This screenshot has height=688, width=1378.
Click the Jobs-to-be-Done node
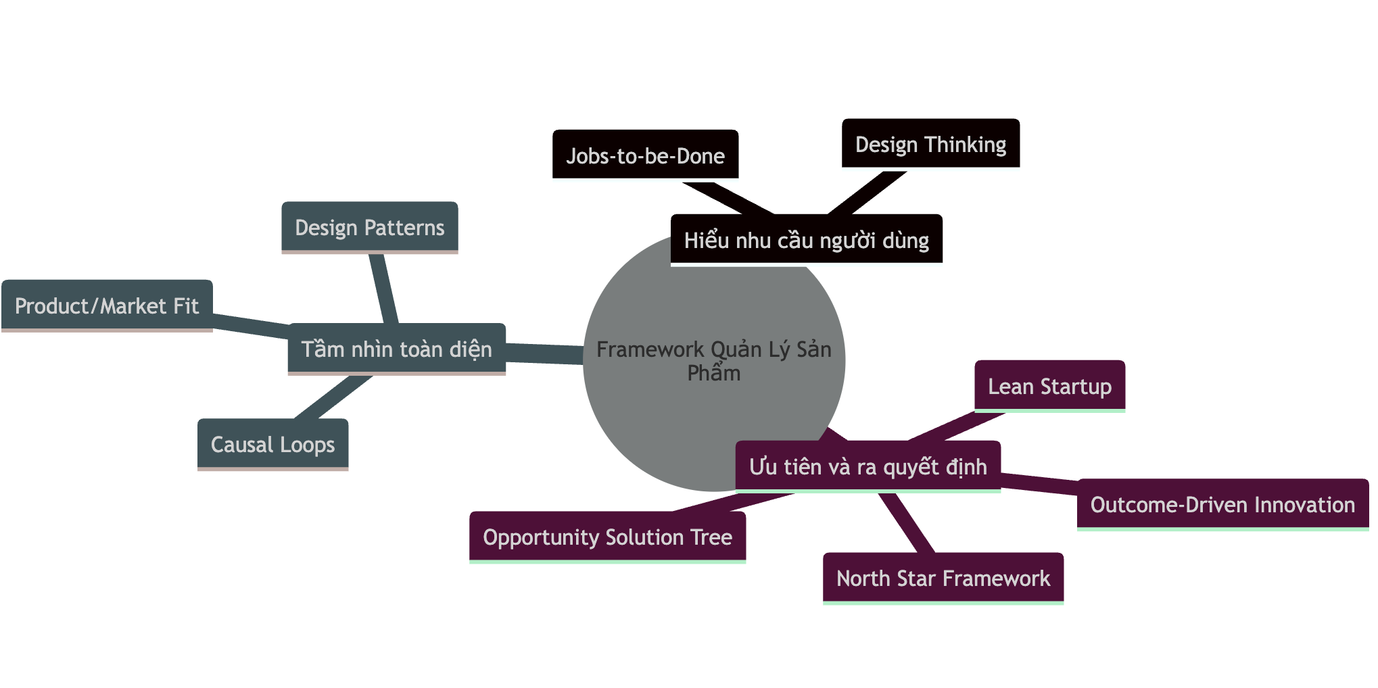point(645,155)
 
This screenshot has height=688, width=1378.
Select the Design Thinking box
point(930,143)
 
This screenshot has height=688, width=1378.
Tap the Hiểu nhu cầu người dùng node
point(806,239)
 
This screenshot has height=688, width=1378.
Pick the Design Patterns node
point(369,227)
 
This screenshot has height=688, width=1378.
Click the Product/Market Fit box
point(107,305)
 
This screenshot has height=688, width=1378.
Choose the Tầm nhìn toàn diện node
point(396,349)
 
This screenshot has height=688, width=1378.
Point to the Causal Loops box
point(272,444)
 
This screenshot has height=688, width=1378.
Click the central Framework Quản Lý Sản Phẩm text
point(713,360)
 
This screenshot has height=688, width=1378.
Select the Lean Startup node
point(1049,386)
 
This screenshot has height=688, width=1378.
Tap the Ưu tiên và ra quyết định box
point(868,466)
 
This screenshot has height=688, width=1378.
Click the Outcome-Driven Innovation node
point(1222,504)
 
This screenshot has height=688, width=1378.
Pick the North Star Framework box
point(943,578)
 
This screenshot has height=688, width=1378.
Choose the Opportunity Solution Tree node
point(607,537)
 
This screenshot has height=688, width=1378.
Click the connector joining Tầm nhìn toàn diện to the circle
point(544,353)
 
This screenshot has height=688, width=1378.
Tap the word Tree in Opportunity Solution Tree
point(711,537)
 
